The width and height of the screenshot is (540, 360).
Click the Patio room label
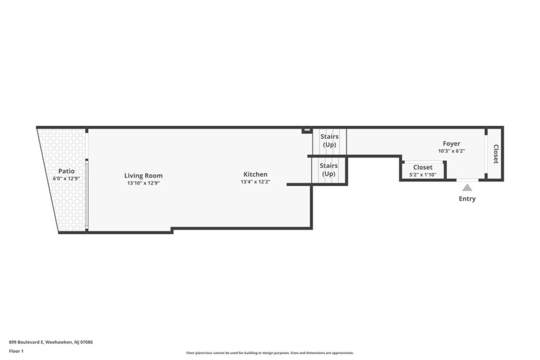(66, 171)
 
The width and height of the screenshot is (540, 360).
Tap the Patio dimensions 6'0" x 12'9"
(66, 179)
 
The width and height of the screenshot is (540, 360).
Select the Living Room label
(143, 175)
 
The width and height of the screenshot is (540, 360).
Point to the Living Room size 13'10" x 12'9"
(143, 183)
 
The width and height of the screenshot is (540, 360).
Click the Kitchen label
(255, 174)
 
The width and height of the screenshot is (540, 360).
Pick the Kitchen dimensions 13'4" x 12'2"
(255, 182)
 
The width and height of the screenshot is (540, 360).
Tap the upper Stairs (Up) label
(329, 140)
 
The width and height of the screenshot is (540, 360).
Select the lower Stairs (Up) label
(328, 170)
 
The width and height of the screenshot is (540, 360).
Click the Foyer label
(451, 143)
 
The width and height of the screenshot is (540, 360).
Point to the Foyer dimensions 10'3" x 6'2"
(451, 151)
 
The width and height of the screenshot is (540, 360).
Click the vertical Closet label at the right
(496, 154)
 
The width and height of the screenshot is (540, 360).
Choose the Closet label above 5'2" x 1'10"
(422, 167)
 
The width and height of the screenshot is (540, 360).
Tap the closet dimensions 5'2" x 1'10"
(422, 175)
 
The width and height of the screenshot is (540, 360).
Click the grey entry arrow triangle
(467, 188)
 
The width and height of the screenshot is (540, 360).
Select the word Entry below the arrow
(467, 199)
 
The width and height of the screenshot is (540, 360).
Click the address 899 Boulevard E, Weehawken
(51, 342)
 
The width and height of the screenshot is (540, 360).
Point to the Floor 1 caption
(16, 351)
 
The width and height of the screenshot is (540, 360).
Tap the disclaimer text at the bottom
(270, 353)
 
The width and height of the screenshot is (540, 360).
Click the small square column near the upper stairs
(305, 130)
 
